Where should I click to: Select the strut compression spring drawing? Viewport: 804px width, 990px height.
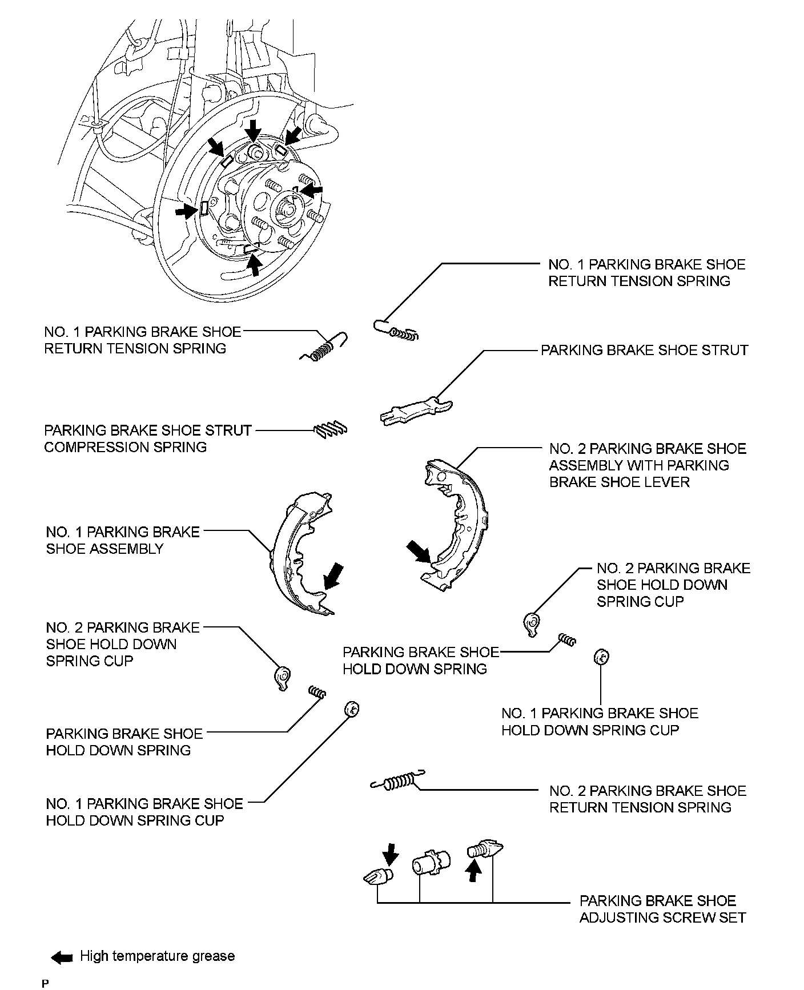[331, 429]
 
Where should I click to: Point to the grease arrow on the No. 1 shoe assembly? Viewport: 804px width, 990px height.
[333, 576]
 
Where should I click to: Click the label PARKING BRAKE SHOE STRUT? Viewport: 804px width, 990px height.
[644, 350]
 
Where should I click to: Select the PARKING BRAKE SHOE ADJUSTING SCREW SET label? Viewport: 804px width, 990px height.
[662, 909]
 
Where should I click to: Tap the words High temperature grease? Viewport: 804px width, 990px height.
[157, 956]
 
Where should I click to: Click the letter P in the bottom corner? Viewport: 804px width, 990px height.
[45, 983]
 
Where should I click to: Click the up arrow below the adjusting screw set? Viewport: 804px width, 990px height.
[473, 872]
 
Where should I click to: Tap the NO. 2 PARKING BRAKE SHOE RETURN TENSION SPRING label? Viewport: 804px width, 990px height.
[648, 799]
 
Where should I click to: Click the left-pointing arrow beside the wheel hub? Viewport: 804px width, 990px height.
[311, 190]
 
